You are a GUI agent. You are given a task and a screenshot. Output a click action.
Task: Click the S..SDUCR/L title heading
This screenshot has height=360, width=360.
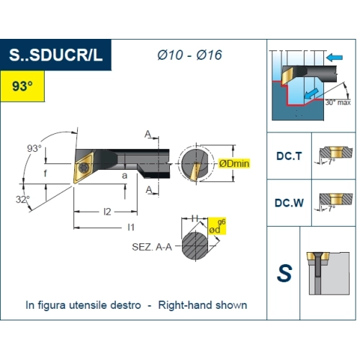55,55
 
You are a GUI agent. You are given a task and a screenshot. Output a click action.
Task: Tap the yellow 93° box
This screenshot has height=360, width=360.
22,86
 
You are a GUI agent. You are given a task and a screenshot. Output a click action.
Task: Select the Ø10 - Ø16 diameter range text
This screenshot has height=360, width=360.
189,55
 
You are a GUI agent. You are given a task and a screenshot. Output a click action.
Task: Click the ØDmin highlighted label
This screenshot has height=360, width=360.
234,163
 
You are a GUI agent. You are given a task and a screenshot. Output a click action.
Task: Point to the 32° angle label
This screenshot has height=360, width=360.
23,199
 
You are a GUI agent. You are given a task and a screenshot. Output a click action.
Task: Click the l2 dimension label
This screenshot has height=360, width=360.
107,212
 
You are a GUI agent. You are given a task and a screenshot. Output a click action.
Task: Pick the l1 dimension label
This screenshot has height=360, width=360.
131,227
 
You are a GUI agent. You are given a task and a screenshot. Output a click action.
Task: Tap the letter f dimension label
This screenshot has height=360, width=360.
45,173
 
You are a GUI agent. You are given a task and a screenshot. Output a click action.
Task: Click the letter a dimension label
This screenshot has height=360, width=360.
125,176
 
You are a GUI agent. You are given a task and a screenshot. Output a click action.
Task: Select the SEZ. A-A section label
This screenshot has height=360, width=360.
152,247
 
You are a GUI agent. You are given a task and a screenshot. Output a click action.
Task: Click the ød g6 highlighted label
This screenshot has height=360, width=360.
217,226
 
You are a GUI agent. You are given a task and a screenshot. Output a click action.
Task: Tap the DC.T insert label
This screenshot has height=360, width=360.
289,156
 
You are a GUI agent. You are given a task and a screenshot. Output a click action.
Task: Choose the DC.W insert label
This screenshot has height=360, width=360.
289,203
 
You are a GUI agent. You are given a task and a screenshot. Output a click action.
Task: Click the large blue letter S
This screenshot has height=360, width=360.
284,273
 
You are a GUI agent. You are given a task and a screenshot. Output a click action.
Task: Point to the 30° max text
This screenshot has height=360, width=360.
338,102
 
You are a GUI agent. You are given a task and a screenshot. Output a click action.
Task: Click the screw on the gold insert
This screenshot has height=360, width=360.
84,167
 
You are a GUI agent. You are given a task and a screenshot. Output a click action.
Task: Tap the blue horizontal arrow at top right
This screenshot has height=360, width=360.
335,58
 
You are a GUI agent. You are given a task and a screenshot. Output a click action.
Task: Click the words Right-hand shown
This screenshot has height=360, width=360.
202,305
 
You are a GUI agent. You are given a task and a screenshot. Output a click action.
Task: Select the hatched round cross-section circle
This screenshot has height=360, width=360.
195,246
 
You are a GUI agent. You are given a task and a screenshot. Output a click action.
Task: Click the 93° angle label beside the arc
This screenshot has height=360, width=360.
34,148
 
